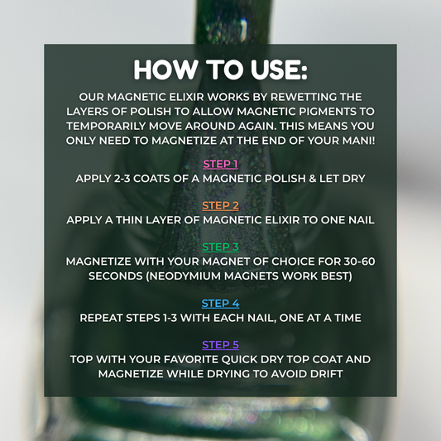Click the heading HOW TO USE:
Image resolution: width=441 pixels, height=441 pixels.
[220, 70]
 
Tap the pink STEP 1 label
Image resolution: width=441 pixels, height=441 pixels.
[220, 164]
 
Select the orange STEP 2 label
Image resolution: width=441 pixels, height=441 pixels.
[220, 205]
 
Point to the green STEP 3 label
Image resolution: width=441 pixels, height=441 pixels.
[220, 247]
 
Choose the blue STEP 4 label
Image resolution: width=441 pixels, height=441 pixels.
[220, 303]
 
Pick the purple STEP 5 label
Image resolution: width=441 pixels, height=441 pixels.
[220, 344]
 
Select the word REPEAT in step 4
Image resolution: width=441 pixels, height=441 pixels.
[103, 317]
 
